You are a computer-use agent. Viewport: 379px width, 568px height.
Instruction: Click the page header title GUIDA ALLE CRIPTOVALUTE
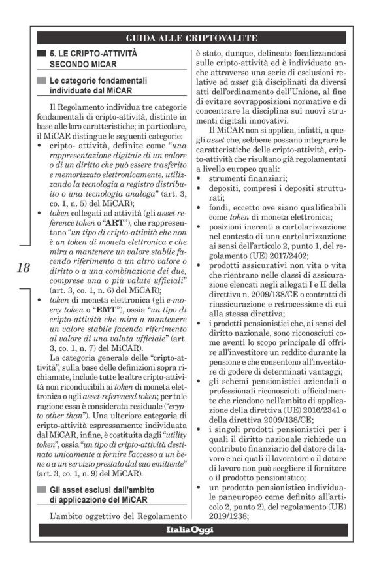191,37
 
